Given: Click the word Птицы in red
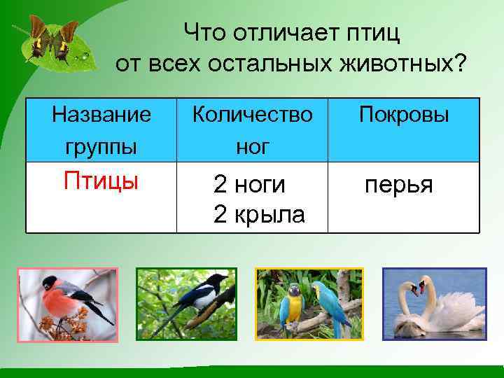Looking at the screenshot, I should click(101, 181).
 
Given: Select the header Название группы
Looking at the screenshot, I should click(101, 130).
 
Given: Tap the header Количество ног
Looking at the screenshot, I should click(252, 130).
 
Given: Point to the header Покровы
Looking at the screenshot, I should click(404, 114).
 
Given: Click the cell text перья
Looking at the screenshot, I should click(398, 185).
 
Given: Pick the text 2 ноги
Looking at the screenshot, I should click(249, 185).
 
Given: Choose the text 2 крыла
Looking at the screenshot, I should click(259, 215).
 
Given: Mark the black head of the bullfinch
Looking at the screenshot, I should click(50, 282).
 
